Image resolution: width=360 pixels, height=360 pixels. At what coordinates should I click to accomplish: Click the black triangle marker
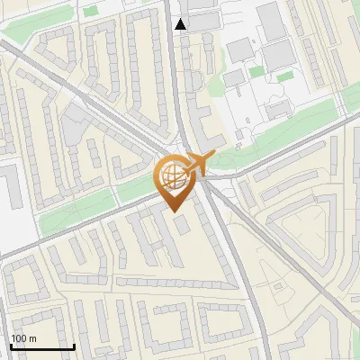182,24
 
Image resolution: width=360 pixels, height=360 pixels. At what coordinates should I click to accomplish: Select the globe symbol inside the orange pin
172,175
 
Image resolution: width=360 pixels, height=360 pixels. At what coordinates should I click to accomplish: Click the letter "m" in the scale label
33,338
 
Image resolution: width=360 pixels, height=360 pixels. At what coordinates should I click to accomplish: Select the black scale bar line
42,346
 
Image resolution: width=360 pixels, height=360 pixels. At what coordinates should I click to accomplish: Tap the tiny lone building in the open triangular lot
185,226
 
